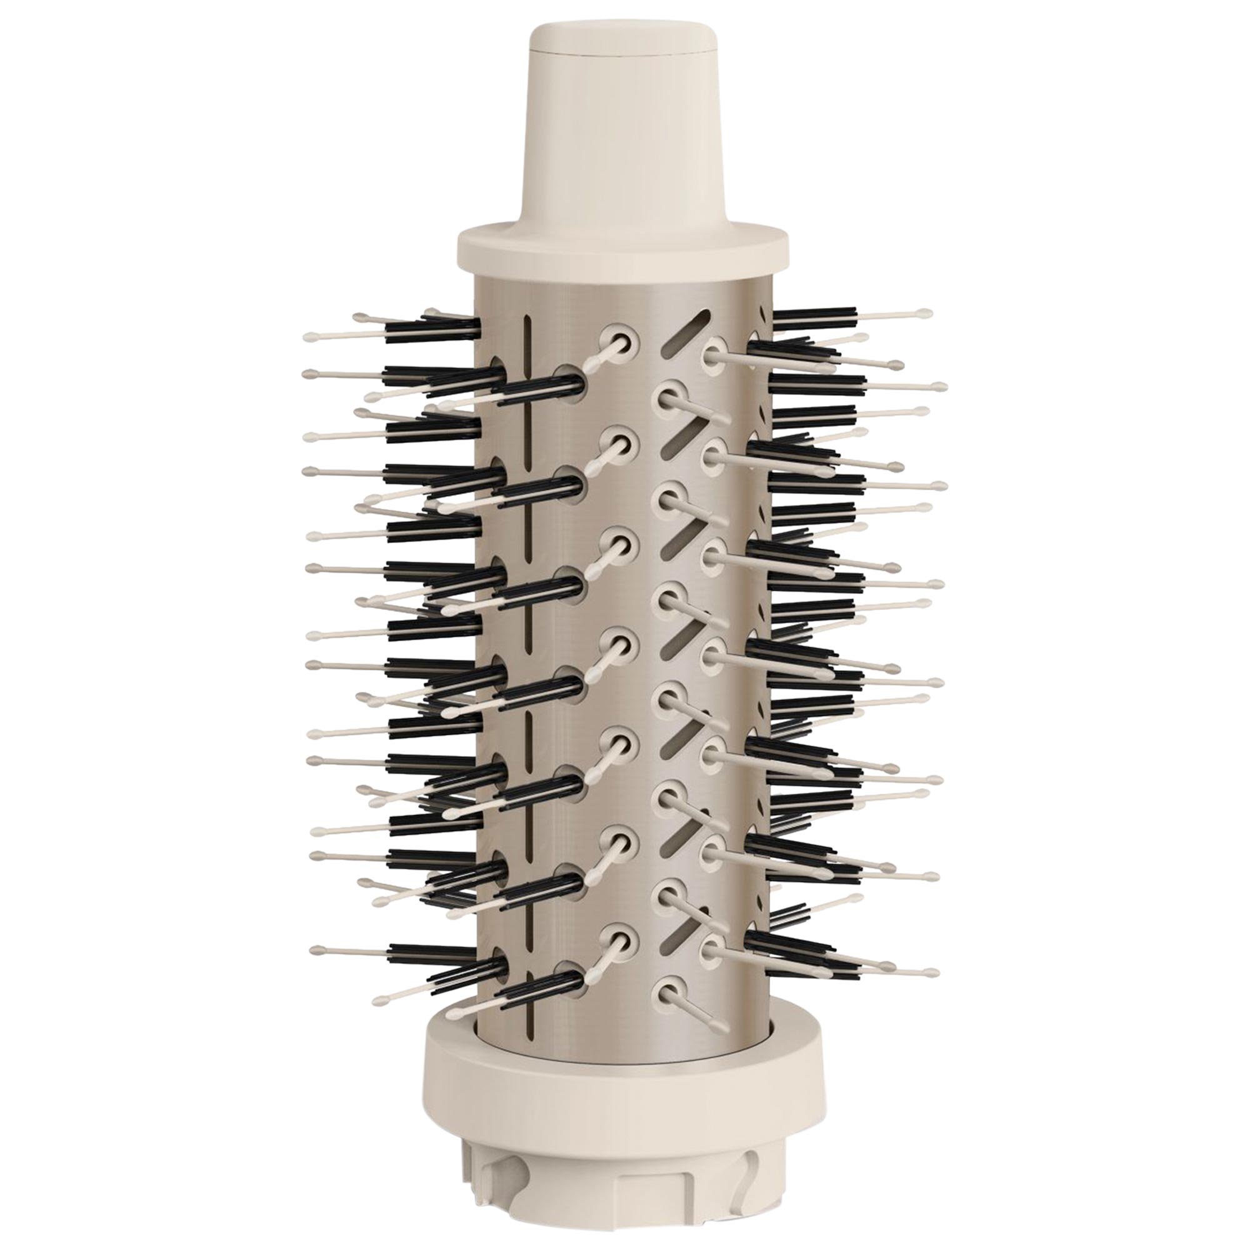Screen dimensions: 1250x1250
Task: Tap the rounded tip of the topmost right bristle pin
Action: tap(926, 312)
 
